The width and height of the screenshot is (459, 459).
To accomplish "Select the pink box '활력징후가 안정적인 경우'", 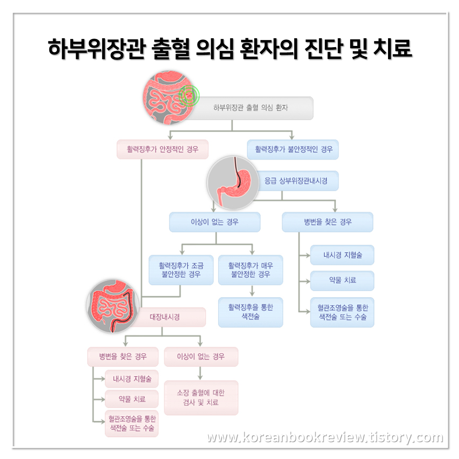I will click(x=162, y=150).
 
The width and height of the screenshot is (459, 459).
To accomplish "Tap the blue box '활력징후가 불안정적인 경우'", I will click(x=293, y=150).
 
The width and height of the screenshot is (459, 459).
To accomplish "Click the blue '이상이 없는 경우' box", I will click(x=215, y=222).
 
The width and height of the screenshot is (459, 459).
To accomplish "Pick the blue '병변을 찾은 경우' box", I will click(x=328, y=222).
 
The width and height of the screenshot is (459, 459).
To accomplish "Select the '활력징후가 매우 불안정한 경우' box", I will click(x=251, y=270).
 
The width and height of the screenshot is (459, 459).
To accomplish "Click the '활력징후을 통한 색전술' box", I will click(x=251, y=312).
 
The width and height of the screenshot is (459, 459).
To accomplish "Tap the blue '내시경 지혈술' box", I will click(x=342, y=255).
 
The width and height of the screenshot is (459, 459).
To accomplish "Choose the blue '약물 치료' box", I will click(x=342, y=280).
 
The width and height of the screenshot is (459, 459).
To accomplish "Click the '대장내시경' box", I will click(x=170, y=317).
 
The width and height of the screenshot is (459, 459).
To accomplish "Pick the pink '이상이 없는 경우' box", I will click(x=201, y=357).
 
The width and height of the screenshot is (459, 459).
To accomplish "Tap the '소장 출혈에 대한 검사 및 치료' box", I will click(x=201, y=397).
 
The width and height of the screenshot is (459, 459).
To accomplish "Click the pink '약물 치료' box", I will click(x=132, y=399).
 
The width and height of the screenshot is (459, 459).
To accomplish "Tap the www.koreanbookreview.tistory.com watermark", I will click(x=325, y=437).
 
